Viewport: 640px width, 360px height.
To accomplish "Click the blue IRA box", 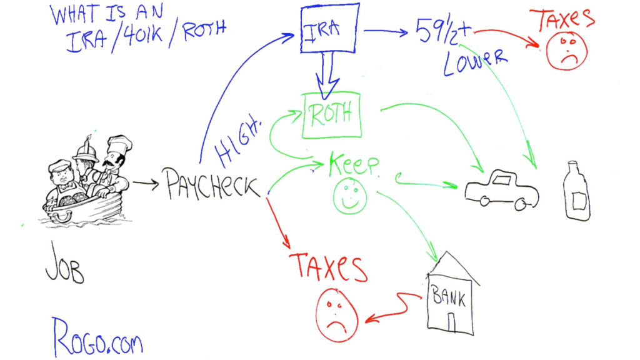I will (329, 29).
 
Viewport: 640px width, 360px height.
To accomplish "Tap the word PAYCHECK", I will (212, 185).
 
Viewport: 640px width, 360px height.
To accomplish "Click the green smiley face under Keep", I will (350, 195).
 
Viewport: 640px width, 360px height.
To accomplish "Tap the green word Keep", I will (354, 165).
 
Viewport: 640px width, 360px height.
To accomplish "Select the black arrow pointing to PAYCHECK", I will (146, 183).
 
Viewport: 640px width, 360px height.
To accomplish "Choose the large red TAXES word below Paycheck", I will (328, 267).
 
